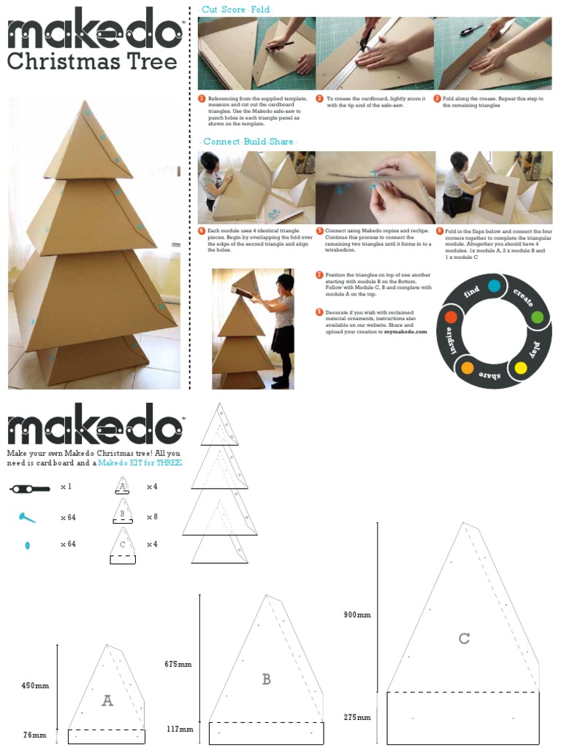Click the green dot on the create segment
[537, 317]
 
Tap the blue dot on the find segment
[494, 285]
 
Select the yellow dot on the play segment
[521, 368]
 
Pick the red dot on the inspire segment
[451, 317]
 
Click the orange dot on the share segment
[467, 368]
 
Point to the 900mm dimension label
[357, 615]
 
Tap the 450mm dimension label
[35, 686]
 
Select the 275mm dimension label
[357, 718]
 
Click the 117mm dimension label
[180, 729]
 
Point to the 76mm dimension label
[35, 735]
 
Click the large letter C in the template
[464, 639]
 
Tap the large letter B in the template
[267, 679]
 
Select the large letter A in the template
[107, 701]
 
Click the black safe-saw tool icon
[29, 487]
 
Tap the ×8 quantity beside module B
[152, 516]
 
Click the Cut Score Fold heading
[236, 9]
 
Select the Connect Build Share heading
[248, 142]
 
